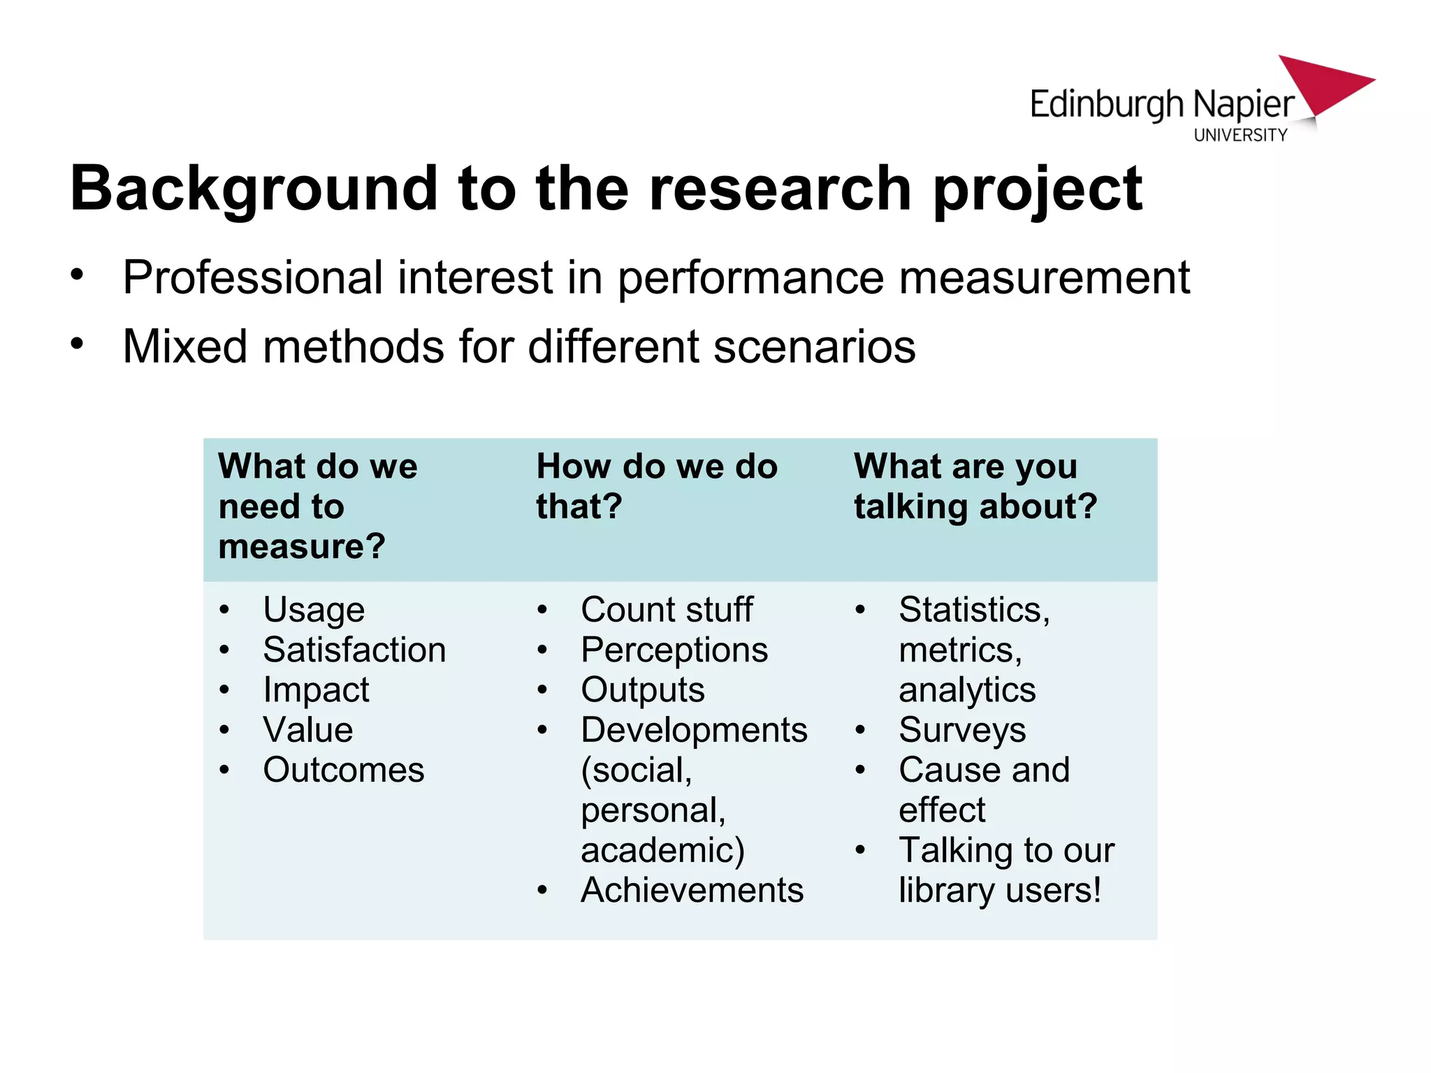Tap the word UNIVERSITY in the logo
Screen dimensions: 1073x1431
tap(1240, 135)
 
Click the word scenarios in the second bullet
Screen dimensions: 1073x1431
tap(814, 346)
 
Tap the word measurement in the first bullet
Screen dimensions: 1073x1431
tap(1044, 278)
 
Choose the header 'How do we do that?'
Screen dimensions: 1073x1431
tap(656, 486)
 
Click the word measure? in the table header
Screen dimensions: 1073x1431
tap(301, 546)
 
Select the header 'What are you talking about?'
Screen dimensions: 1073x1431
tap(975, 486)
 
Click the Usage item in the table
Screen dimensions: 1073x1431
tap(314, 611)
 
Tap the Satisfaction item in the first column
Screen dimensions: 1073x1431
tap(354, 650)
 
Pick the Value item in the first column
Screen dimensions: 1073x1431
tap(308, 730)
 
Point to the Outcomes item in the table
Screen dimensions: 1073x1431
tap(343, 771)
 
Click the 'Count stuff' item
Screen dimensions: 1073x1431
tap(667, 610)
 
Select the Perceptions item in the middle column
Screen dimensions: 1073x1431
tap(674, 650)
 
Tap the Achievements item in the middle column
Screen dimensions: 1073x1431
tap(692, 891)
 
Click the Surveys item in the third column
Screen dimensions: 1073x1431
tap(962, 731)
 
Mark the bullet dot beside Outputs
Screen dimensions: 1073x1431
tap(542, 690)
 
